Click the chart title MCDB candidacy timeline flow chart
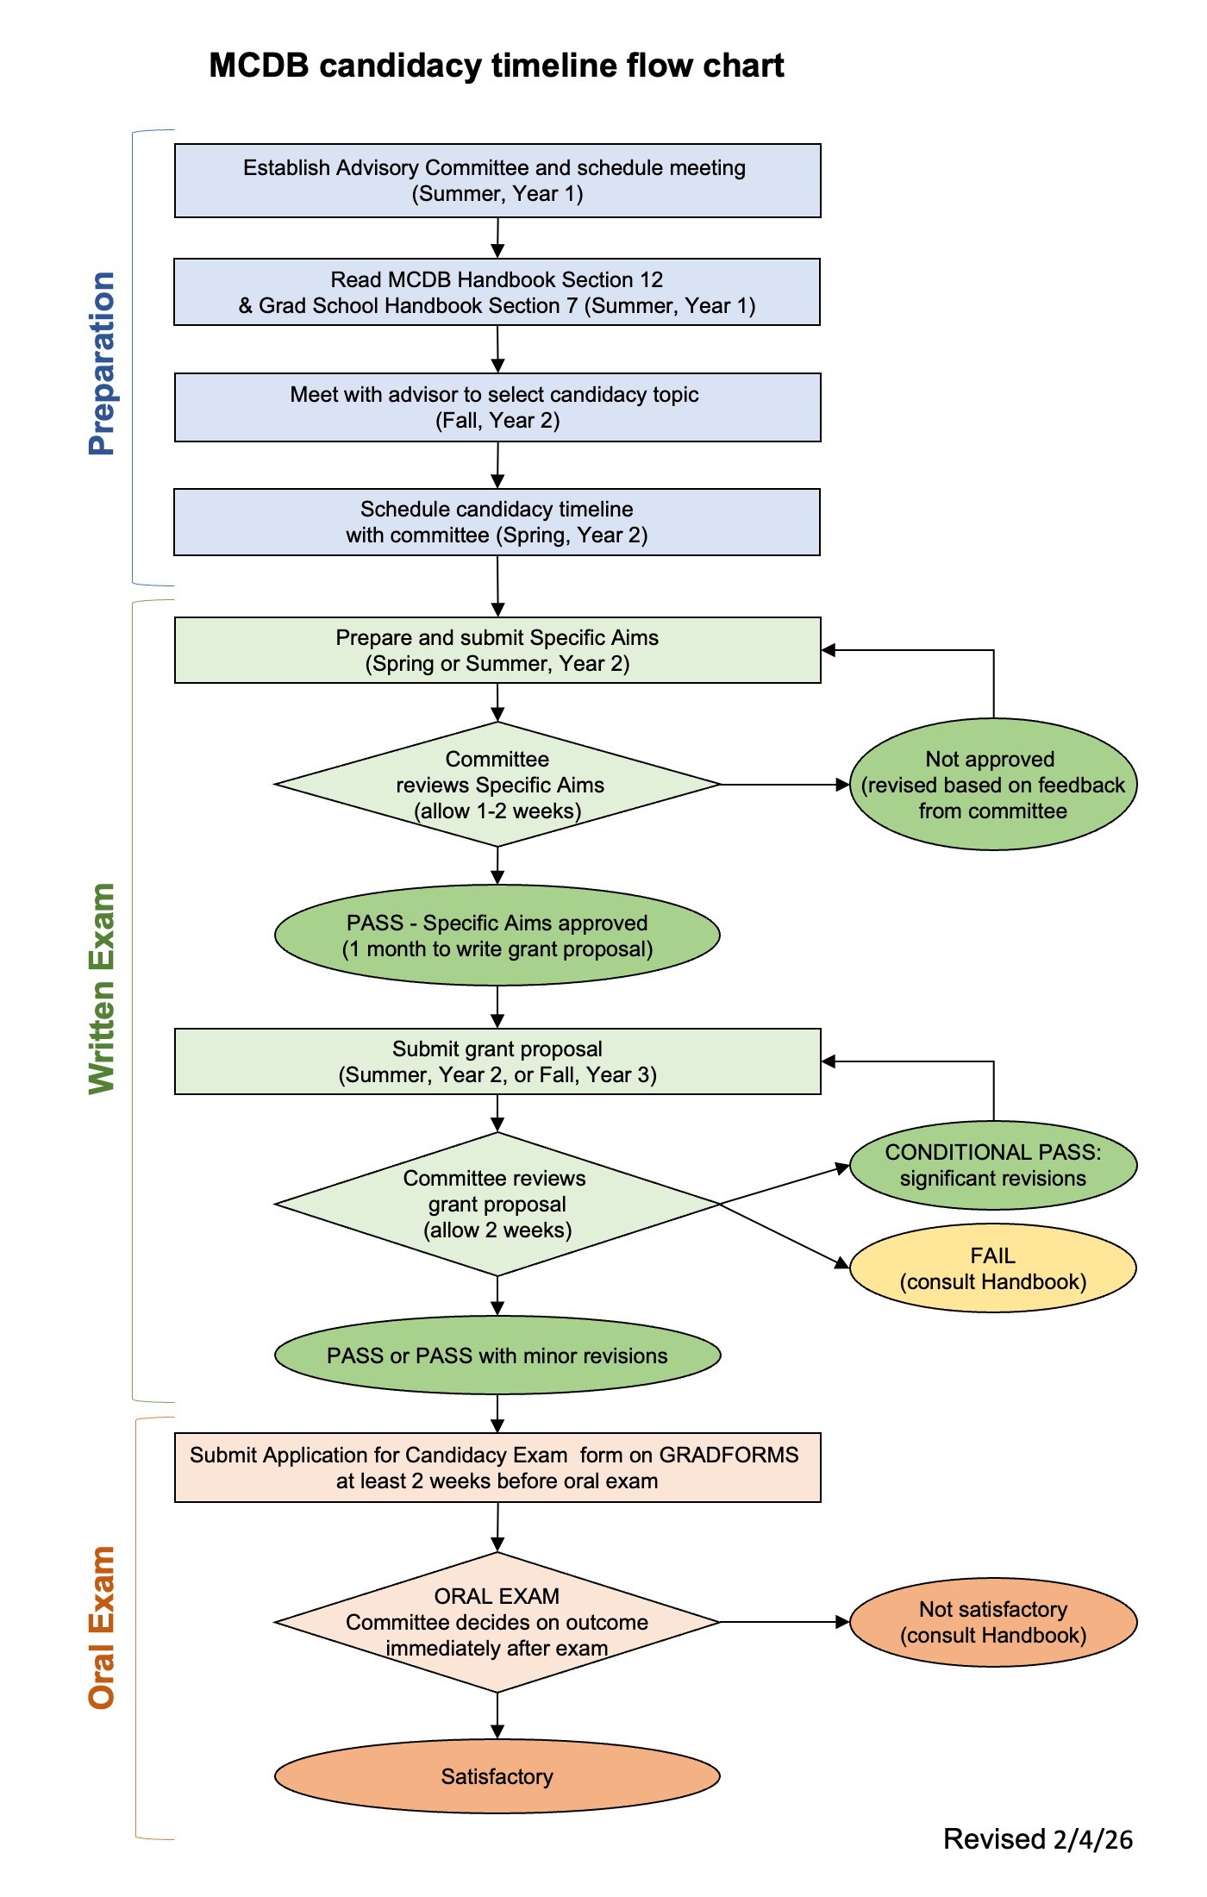coord(497,66)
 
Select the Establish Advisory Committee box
coord(497,180)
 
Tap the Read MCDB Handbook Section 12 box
coord(497,292)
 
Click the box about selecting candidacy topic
coord(497,407)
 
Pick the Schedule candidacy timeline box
coord(497,522)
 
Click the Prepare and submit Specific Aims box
coord(497,650)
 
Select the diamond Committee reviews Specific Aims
coord(497,785)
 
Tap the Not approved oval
coord(992,785)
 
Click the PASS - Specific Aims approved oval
coord(497,936)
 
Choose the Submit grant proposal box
coord(497,1061)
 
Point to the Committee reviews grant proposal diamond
coord(497,1204)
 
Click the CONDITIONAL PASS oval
coord(992,1165)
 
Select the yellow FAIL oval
coord(992,1268)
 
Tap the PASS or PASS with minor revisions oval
coord(497,1355)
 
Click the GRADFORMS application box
coord(497,1468)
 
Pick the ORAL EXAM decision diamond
coord(497,1622)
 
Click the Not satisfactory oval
coord(992,1622)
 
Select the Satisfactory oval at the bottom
coord(497,1776)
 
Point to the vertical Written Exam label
coord(102,988)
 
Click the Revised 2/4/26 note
coord(1037,1839)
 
